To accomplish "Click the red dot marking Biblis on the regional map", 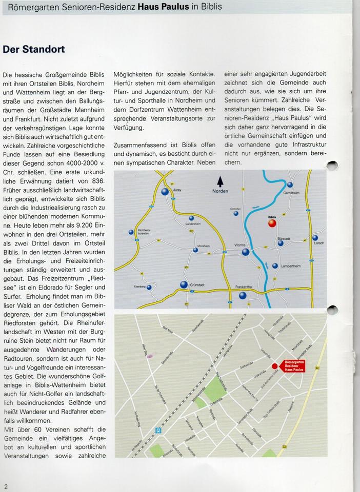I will [x=272, y=223].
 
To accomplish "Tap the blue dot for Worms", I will [x=246, y=252].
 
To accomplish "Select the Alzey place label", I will [x=177, y=190].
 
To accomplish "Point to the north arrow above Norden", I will [x=221, y=181].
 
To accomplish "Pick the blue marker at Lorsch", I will [x=315, y=238].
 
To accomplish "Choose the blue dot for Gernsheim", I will [x=290, y=184].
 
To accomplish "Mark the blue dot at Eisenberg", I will [x=149, y=288].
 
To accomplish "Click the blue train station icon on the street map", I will [x=158, y=430].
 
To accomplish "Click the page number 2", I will [x=6, y=486].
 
